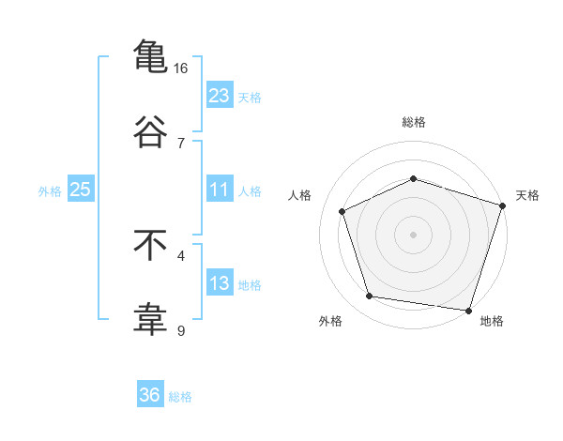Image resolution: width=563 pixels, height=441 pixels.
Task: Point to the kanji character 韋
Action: point(150,318)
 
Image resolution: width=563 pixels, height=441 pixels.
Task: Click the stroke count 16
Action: point(181,68)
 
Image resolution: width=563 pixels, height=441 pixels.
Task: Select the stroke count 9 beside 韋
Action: point(181,330)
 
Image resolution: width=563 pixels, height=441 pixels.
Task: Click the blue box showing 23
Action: point(219,95)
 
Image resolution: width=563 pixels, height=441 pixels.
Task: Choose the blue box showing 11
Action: point(219,190)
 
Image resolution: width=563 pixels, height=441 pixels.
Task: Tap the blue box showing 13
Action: point(219,283)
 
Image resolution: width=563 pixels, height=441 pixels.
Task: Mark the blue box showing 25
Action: point(81,190)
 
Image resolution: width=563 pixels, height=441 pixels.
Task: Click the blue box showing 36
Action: point(150,395)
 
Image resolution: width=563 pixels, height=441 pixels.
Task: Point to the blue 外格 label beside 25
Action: point(50,190)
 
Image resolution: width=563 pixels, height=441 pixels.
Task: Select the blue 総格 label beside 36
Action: point(180,397)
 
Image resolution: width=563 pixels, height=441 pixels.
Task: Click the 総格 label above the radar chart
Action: point(413,122)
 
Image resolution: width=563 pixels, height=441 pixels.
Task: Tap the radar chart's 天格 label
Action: point(527,195)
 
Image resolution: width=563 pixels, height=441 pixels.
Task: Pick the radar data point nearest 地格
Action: point(468,310)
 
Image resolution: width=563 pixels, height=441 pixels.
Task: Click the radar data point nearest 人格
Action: point(342,211)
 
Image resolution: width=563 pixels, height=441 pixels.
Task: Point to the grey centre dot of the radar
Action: point(413,234)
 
